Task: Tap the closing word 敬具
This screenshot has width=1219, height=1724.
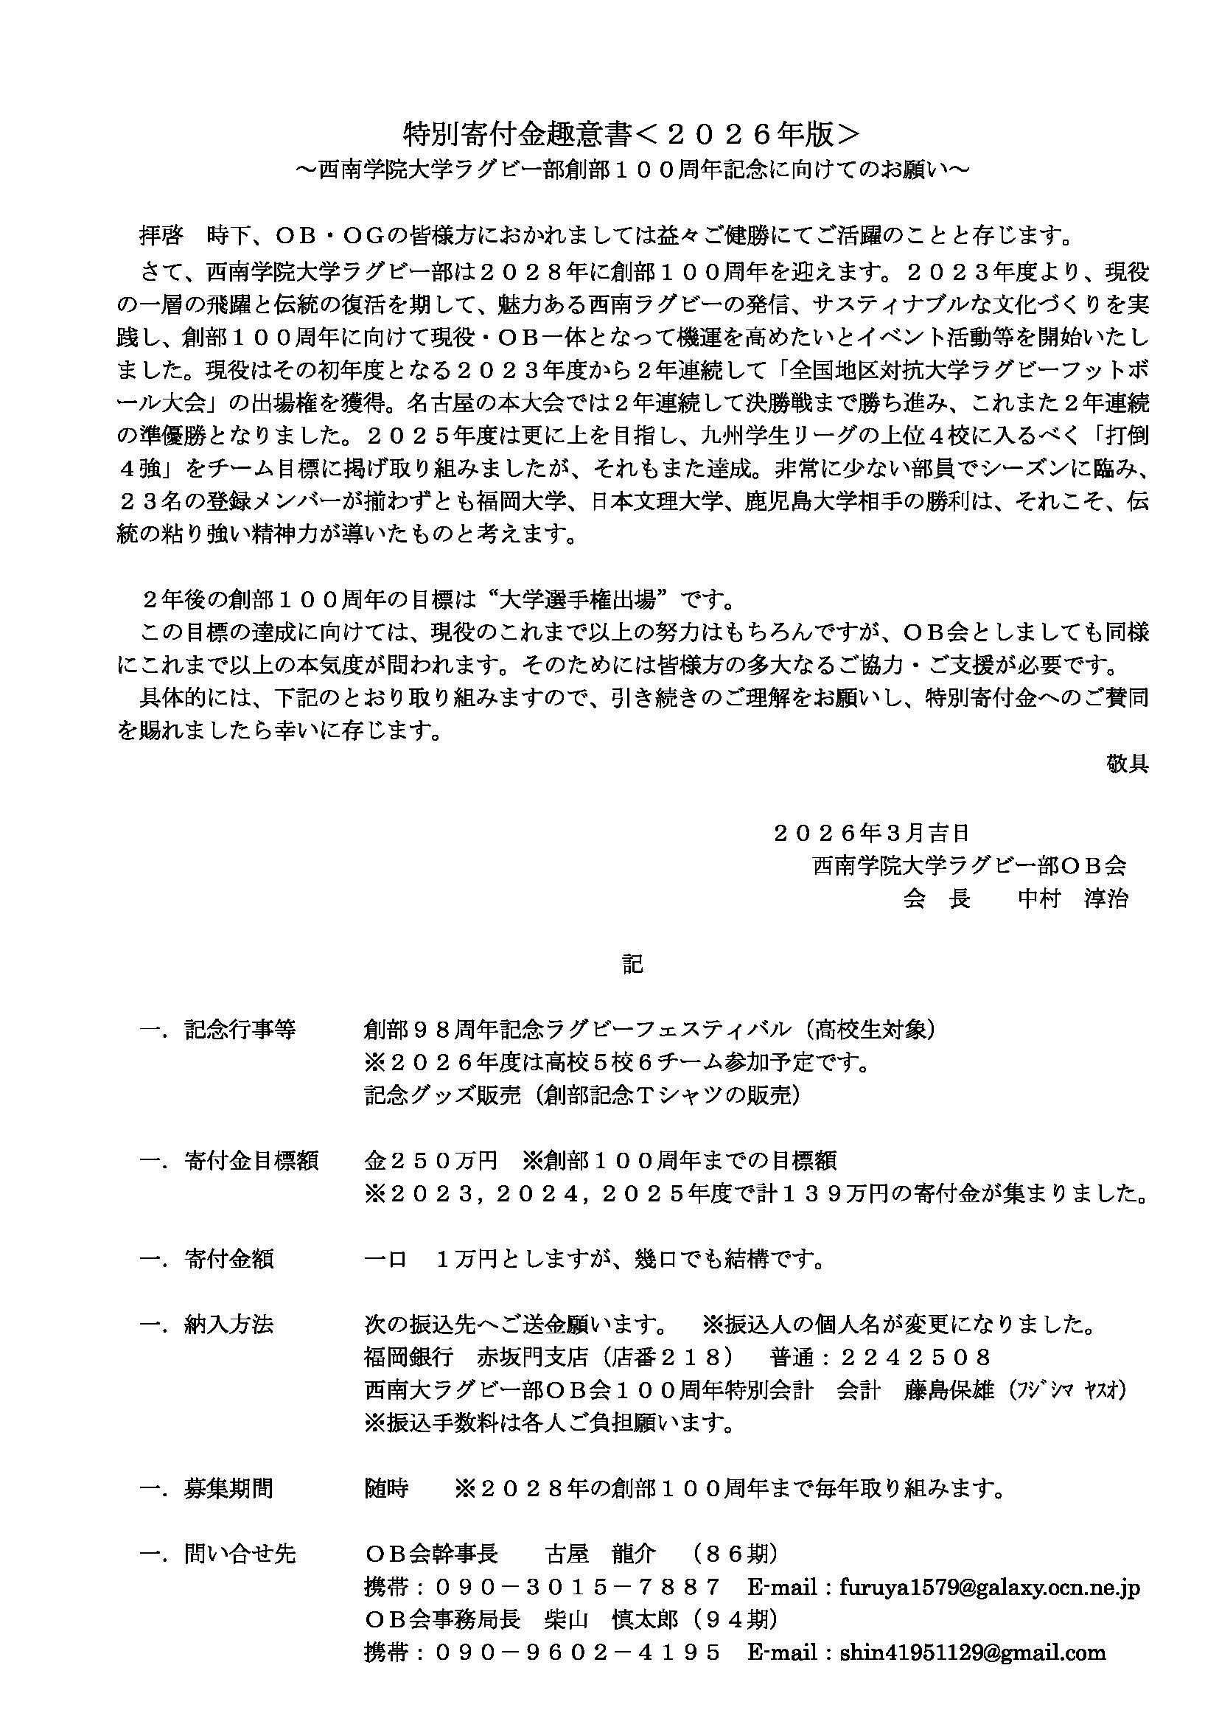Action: [x=1127, y=764]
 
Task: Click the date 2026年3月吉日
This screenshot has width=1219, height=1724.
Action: [x=871, y=832]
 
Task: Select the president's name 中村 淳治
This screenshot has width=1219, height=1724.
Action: [x=1072, y=898]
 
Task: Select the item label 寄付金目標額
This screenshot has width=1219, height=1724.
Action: [x=251, y=1161]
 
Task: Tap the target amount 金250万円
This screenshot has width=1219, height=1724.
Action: [x=431, y=1161]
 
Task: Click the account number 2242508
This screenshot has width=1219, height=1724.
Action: [x=916, y=1357]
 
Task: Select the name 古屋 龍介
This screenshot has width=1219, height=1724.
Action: [x=601, y=1554]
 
